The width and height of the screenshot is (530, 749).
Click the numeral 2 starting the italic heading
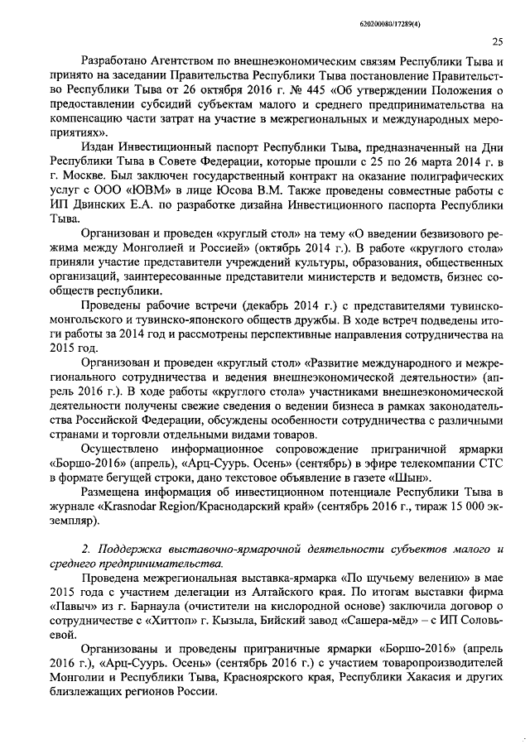point(87,550)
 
